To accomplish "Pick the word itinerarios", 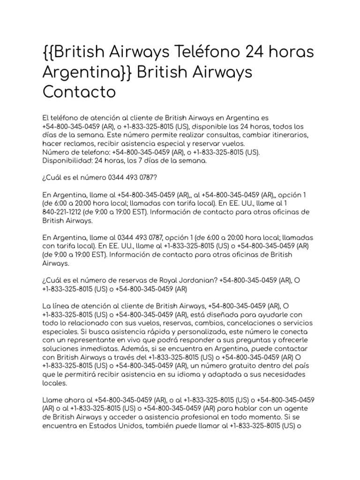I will [x=288, y=135].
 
